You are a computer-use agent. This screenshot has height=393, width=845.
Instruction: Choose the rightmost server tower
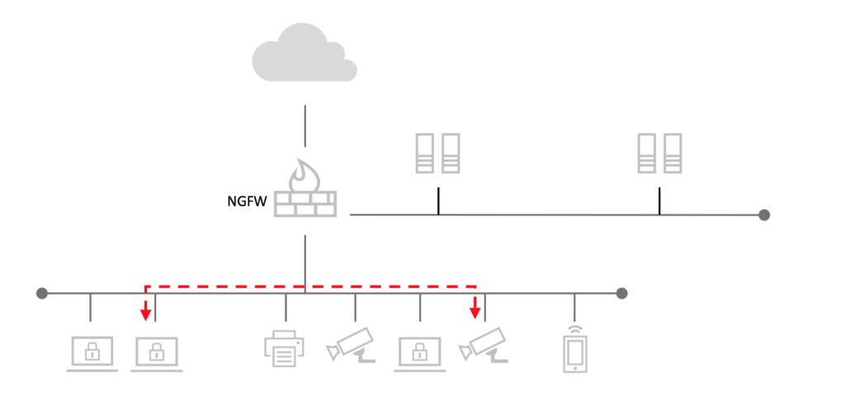tap(673, 154)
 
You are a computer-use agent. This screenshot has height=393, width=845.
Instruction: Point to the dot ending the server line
tap(764, 215)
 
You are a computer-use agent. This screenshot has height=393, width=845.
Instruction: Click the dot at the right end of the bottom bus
tap(622, 292)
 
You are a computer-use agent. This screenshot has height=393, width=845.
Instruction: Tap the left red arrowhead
tap(145, 314)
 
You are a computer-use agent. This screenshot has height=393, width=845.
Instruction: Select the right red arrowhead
tap(474, 313)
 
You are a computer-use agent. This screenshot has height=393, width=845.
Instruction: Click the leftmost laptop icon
tap(92, 353)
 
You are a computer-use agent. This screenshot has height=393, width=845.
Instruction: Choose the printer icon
tap(286, 348)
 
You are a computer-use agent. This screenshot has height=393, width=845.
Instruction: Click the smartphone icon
tap(575, 353)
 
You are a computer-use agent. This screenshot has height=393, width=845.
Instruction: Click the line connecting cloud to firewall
tap(305, 126)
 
